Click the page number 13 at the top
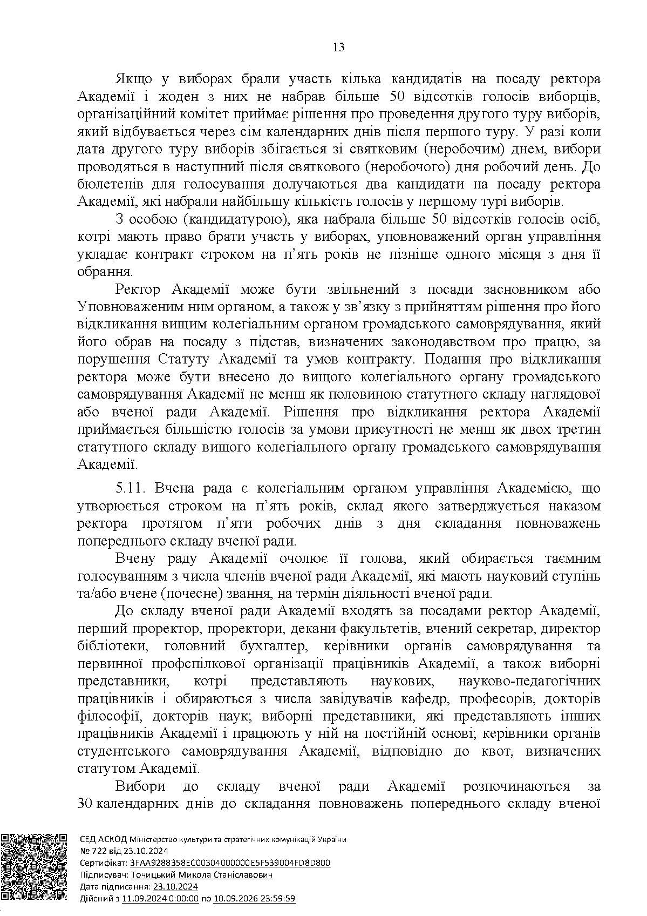tap(339, 47)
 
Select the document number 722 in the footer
tap(97, 851)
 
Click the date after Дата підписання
tap(175, 887)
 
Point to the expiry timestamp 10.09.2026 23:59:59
tap(254, 899)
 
